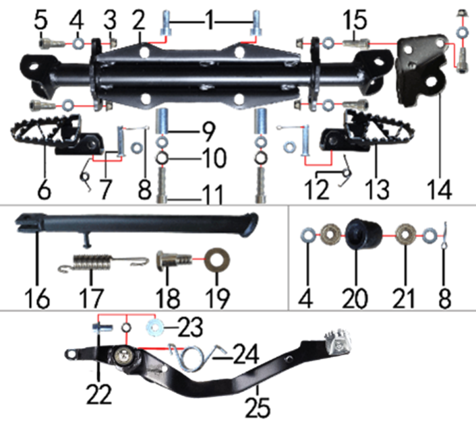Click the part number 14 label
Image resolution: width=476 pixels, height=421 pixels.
(440, 189)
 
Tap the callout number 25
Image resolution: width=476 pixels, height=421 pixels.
(258, 408)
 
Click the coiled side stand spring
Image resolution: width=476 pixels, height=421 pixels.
(104, 262)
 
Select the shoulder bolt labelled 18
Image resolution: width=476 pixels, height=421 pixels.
(174, 259)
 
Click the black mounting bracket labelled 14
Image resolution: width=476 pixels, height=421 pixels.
(422, 69)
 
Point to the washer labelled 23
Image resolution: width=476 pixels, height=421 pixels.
(155, 327)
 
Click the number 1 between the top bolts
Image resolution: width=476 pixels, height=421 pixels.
(210, 21)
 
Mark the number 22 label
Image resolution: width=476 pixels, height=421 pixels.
(99, 393)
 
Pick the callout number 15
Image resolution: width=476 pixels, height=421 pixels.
(355, 20)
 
